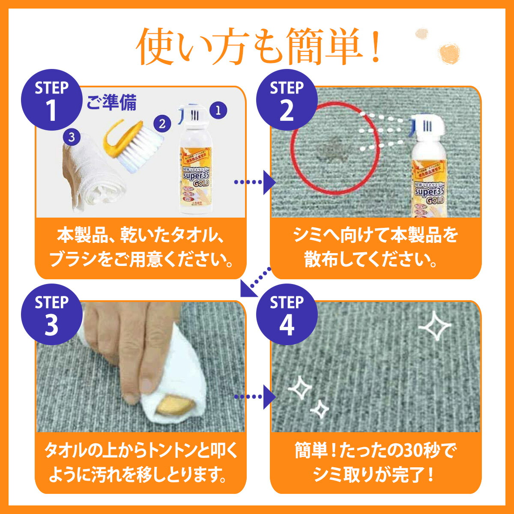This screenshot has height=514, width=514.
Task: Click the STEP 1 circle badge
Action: click(51, 100)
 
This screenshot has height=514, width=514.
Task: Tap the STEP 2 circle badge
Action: click(287, 100)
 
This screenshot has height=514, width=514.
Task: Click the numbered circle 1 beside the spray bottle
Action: click(218, 111)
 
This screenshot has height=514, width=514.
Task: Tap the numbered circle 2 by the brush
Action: click(161, 124)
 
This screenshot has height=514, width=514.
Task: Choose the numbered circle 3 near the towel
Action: click(72, 137)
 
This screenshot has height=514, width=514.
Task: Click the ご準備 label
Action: click(112, 103)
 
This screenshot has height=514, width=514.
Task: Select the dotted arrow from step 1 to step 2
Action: click(255, 182)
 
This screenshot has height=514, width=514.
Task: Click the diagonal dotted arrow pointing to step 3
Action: click(255, 283)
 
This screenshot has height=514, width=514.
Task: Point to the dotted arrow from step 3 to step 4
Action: click(255, 397)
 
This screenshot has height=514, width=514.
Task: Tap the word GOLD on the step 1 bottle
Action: click(201, 184)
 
